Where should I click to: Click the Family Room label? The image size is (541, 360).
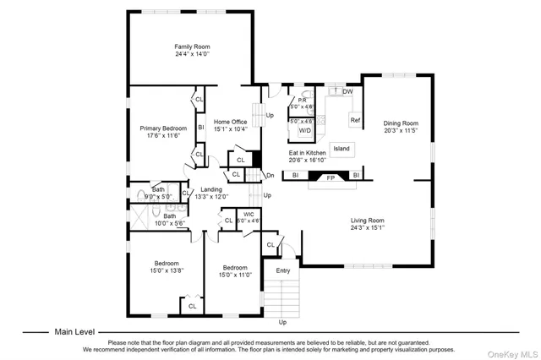click(x=192, y=46)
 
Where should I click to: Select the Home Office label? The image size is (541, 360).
click(x=230, y=122)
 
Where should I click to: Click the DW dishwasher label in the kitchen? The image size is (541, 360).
click(x=347, y=91)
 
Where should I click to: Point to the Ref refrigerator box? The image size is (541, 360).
click(x=355, y=121)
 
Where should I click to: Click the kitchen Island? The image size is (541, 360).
click(x=342, y=149)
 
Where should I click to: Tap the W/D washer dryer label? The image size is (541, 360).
click(x=304, y=131)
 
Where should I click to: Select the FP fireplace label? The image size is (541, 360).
click(x=331, y=177)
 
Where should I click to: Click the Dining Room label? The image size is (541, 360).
click(x=401, y=123)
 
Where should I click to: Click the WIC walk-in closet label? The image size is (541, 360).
click(x=249, y=215)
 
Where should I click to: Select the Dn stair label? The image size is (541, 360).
click(x=270, y=176)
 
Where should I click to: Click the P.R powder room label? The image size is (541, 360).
click(x=301, y=101)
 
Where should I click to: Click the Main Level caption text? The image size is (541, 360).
click(x=75, y=332)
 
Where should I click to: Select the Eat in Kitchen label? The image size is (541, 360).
click(x=308, y=153)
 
